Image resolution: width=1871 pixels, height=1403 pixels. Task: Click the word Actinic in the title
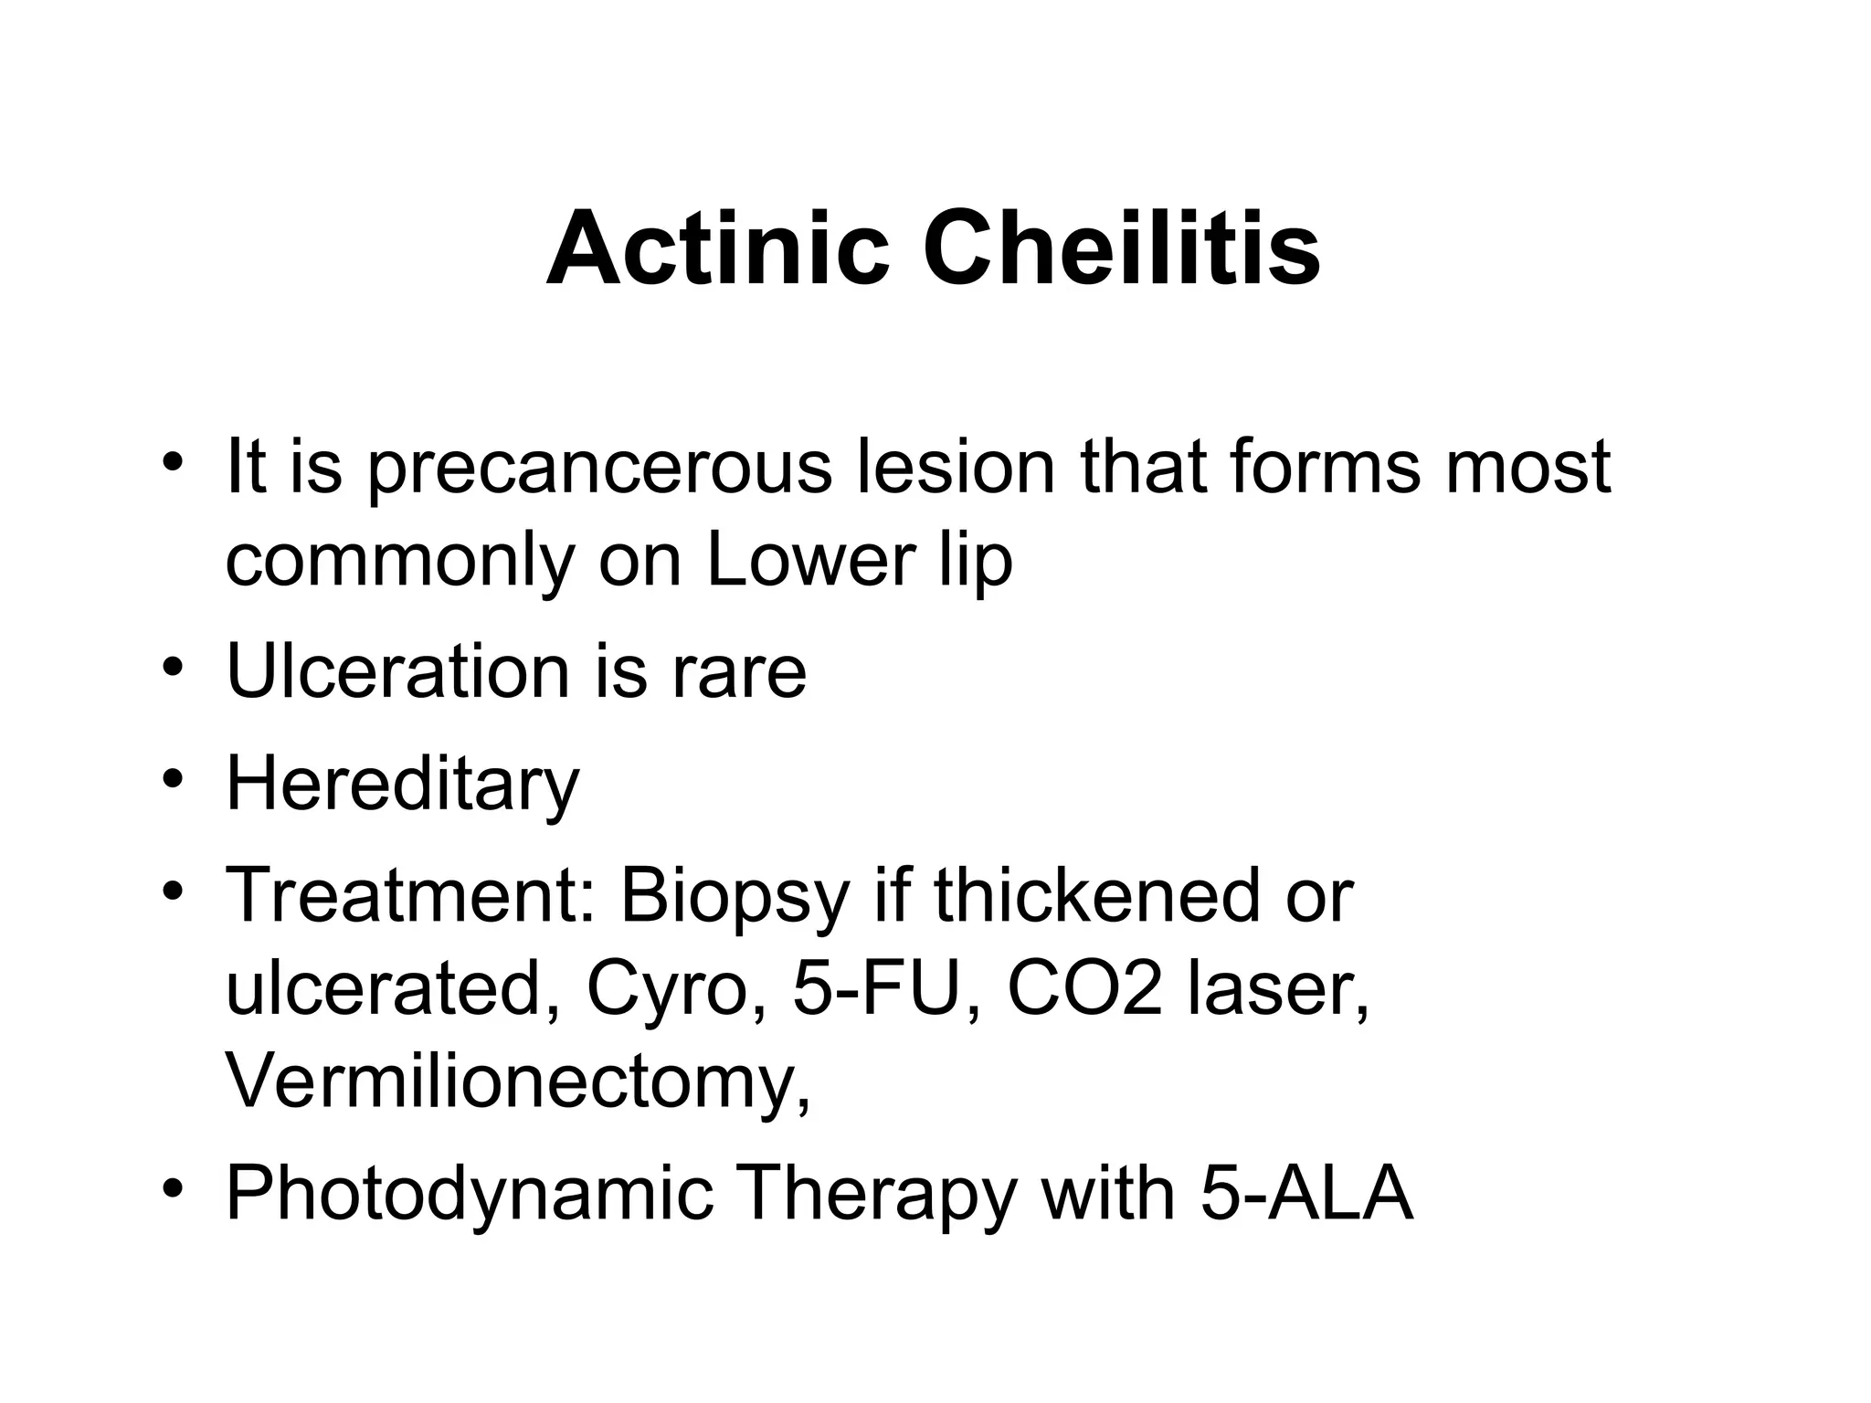tap(717, 248)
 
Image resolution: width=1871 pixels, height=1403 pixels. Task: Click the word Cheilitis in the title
tap(1121, 248)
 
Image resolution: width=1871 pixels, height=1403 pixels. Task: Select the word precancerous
tap(600, 468)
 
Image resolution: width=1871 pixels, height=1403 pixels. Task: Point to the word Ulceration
tap(396, 671)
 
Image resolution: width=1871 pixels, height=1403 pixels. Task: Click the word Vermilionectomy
tap(516, 1082)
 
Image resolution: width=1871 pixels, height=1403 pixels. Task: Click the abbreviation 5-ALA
tap(1306, 1193)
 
